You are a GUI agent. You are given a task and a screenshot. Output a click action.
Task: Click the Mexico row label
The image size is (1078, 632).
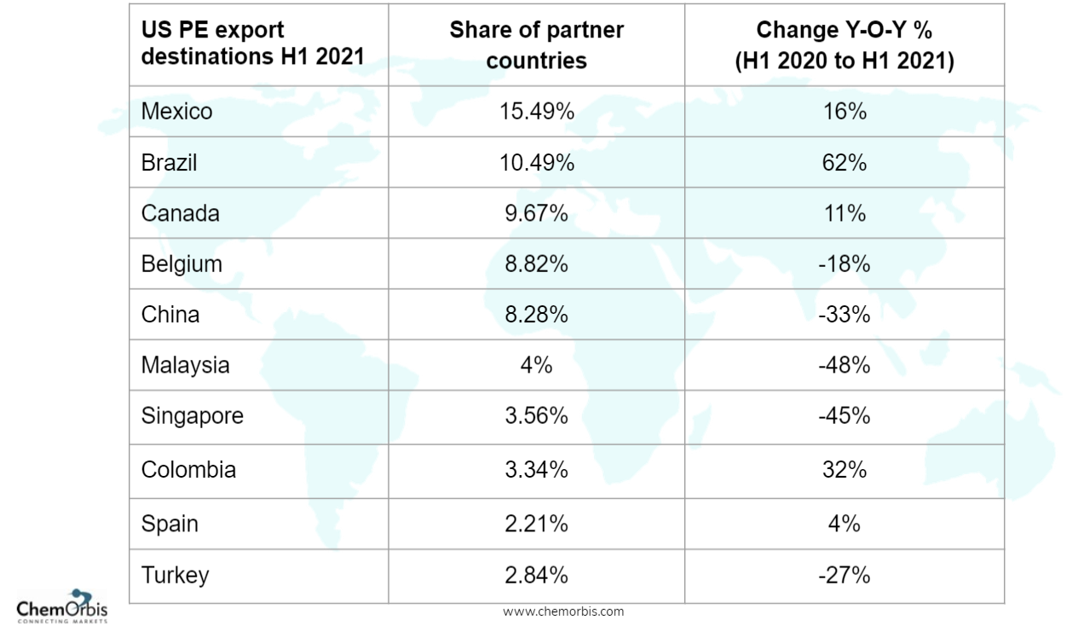tap(176, 112)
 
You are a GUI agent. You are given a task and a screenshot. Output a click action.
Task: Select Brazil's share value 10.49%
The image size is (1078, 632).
tap(536, 163)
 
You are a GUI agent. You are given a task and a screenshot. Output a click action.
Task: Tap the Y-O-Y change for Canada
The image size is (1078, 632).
tap(844, 213)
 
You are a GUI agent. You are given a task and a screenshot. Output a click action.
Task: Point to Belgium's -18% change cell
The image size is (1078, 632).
tap(844, 264)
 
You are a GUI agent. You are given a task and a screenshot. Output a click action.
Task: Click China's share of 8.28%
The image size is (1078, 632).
tap(536, 315)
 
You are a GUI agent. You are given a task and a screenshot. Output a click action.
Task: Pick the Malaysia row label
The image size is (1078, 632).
tap(185, 365)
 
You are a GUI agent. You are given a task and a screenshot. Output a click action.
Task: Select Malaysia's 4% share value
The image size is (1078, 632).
tap(536, 365)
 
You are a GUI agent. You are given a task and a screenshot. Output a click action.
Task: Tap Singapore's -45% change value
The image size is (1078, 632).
tap(844, 416)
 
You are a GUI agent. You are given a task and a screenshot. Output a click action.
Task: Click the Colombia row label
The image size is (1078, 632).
tap(188, 470)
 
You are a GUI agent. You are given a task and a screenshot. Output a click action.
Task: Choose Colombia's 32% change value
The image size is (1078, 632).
tap(844, 470)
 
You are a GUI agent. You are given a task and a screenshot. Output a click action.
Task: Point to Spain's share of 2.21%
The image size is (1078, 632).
tap(536, 524)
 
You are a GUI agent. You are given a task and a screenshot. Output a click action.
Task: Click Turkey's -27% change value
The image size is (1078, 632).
tap(844, 576)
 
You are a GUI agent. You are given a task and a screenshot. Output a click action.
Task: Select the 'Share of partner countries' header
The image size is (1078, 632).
tap(536, 45)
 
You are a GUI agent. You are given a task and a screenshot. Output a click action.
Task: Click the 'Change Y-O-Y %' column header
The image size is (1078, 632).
tap(844, 45)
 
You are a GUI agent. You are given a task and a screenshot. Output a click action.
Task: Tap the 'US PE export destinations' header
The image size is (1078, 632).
tap(252, 43)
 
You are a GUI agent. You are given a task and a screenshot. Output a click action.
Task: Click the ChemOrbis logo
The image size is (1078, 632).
tap(62, 606)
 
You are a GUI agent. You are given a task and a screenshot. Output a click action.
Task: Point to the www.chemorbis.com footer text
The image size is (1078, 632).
tap(562, 612)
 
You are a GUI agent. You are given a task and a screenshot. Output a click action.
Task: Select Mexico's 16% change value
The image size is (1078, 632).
tap(844, 112)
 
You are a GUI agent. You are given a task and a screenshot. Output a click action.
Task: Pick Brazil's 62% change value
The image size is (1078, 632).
tap(844, 163)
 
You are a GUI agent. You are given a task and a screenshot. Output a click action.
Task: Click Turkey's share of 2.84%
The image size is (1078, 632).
tap(536, 576)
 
